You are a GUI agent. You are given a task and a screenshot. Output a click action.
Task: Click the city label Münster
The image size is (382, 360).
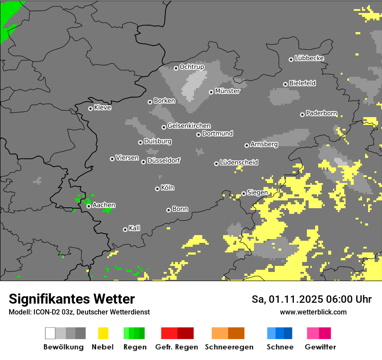point(227,91)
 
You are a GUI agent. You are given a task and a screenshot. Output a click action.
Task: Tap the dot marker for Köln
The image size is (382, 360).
point(157,189)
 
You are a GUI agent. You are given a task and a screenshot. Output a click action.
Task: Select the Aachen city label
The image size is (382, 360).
point(104,205)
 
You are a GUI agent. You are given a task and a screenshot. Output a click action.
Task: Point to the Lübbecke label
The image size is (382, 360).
point(309,58)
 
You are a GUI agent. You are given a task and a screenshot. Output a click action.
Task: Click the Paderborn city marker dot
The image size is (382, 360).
point(302,115)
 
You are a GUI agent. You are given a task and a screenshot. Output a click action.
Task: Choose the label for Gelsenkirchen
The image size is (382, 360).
point(189,126)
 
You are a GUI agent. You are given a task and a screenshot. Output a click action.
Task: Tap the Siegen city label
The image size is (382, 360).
point(257,193)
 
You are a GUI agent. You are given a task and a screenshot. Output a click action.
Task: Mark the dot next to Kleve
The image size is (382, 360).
point(90,108)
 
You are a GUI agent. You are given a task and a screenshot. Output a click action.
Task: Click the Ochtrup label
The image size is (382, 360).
point(191,67)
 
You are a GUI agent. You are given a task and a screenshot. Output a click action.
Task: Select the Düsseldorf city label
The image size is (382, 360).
point(163,160)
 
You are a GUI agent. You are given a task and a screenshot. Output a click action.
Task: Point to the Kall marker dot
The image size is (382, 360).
point(125,229)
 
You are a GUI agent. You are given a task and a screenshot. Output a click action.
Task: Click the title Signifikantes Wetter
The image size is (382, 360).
point(72,299)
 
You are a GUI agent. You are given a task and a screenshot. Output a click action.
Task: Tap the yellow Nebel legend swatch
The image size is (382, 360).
point(103,333)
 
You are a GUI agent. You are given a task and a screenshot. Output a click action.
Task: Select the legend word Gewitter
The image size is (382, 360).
point(320,347)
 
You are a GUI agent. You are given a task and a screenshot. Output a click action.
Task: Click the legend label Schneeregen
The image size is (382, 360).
point(229,347)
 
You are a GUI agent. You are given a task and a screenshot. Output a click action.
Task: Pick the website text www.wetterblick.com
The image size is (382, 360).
point(313,312)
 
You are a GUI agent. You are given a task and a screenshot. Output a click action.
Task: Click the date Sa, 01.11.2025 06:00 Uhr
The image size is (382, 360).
point(311,299)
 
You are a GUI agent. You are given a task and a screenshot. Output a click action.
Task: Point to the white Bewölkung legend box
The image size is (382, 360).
point(50,333)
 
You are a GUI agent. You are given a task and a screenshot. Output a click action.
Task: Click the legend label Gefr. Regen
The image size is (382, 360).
point(176,347)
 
